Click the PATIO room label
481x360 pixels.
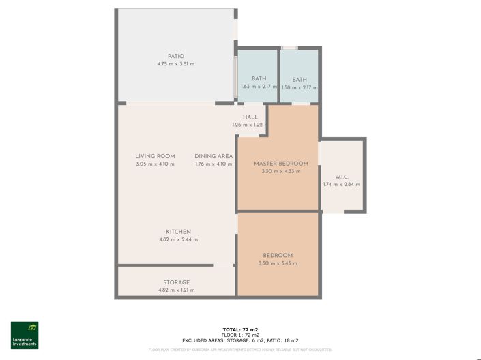click(x=176, y=57)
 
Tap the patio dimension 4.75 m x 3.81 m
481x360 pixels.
click(x=176, y=65)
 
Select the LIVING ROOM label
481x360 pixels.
click(x=155, y=156)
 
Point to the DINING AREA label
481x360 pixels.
click(x=214, y=156)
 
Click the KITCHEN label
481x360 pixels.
click(x=178, y=232)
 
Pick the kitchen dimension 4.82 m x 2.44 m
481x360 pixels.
click(x=178, y=240)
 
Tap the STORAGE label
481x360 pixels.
click(x=176, y=282)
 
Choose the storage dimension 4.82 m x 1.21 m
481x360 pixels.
click(x=176, y=290)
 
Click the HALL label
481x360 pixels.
click(x=250, y=117)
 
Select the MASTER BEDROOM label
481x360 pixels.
click(x=281, y=164)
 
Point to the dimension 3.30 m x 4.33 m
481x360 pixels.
click(x=281, y=172)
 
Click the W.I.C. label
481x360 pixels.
click(x=342, y=177)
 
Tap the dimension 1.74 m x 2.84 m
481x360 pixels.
click(x=342, y=185)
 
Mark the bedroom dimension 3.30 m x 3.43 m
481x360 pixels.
click(x=278, y=263)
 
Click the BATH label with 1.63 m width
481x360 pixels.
click(x=259, y=79)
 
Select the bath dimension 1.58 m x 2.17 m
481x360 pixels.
click(x=300, y=87)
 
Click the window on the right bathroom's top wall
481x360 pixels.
click(x=290, y=48)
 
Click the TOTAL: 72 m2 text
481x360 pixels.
click(x=240, y=330)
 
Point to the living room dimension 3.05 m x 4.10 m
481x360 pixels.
click(x=155, y=164)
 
